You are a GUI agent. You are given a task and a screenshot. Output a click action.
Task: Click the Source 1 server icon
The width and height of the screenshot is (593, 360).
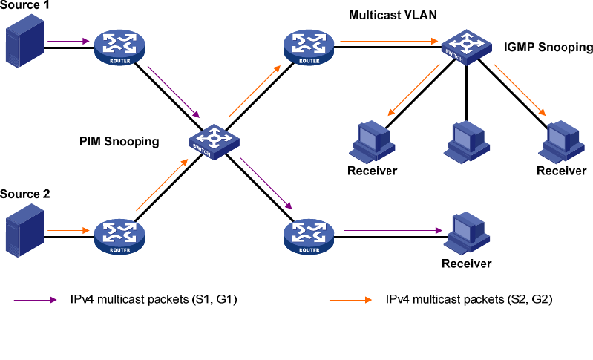pos(22,45)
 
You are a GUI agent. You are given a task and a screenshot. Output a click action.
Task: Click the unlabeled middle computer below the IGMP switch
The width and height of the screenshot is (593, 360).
pos(467,141)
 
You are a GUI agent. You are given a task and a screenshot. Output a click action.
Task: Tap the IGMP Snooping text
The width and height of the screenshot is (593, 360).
pos(548,48)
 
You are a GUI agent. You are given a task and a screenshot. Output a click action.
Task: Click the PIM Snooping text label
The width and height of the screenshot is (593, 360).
pos(119,141)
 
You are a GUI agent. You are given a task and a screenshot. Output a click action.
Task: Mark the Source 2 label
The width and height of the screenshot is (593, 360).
pos(25,194)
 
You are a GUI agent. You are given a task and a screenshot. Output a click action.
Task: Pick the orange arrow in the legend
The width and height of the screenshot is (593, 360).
pos(349,300)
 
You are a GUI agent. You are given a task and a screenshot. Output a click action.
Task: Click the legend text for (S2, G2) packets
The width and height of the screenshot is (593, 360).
pos(469,300)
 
